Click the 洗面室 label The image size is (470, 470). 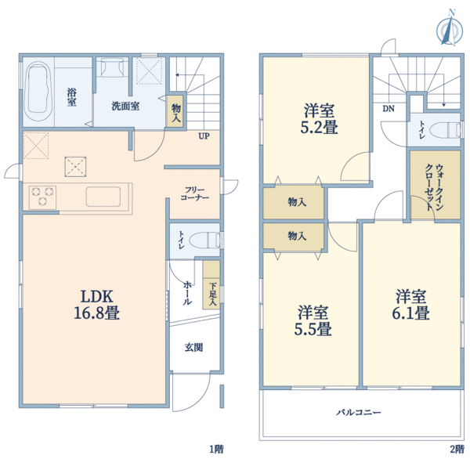pyautogui.click(x=125, y=106)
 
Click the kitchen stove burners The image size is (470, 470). pyautogui.click(x=41, y=195)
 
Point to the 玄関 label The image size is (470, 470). pyautogui.click(x=193, y=347)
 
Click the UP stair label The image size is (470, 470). pyautogui.click(x=203, y=136)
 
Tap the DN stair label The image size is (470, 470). pyautogui.click(x=388, y=109)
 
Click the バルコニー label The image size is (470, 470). pyautogui.click(x=360, y=411)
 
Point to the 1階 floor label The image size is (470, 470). pyautogui.click(x=216, y=449)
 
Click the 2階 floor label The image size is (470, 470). pyautogui.click(x=456, y=449)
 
